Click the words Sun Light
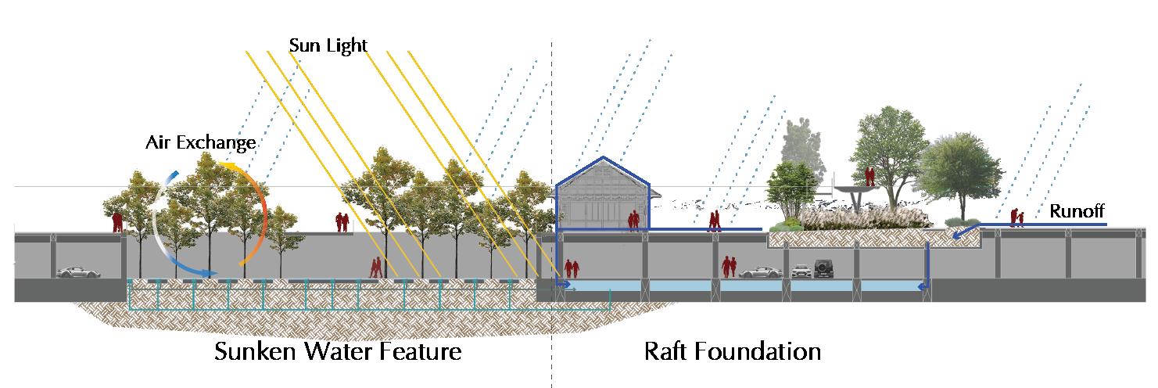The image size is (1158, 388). (x=328, y=45)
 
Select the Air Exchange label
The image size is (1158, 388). (x=201, y=143)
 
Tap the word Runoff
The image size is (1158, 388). (x=1076, y=210)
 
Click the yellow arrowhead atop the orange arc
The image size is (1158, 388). (x=222, y=165)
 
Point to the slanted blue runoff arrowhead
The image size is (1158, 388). (x=957, y=232)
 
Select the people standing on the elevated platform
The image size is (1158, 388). (x=869, y=175)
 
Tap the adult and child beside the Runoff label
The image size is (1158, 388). (x=1016, y=217)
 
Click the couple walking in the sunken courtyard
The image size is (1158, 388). (x=376, y=268)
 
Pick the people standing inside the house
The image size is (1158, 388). (x=635, y=221)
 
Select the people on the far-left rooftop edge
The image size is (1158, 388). (x=118, y=222)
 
